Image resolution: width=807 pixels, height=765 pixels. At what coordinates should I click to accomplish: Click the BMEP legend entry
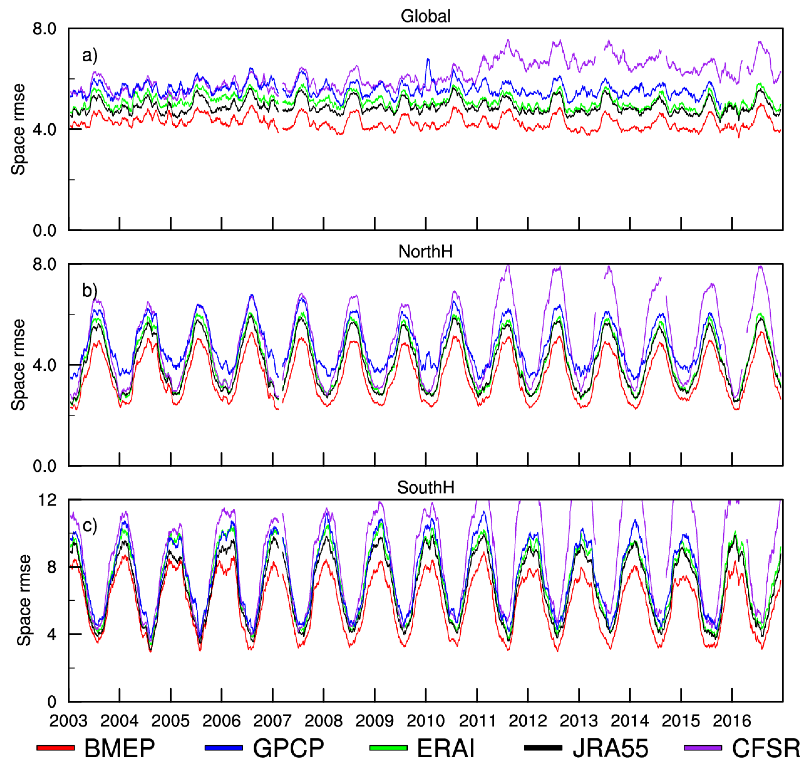click(x=119, y=748)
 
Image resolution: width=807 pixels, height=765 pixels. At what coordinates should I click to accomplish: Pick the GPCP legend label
click(x=288, y=748)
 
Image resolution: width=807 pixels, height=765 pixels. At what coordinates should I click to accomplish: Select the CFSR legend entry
click(x=766, y=748)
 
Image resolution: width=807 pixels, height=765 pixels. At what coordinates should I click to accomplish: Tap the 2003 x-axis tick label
click(x=68, y=721)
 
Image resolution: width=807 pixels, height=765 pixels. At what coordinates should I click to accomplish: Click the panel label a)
click(x=90, y=55)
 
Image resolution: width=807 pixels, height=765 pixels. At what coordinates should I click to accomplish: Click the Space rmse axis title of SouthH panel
click(x=24, y=600)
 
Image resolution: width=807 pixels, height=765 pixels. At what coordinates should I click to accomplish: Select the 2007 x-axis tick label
click(x=273, y=721)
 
